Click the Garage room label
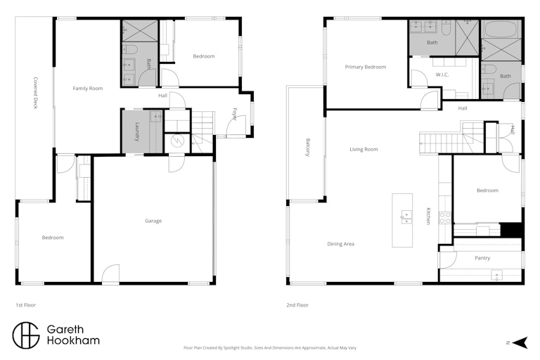153,221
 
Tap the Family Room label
88,89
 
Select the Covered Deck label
35,93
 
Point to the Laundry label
137,132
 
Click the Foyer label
235,115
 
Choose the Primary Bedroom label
366,67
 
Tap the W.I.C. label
442,75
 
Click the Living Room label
364,150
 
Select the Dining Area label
340,244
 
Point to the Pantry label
482,258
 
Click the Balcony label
308,148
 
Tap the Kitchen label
428,216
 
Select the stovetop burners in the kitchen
445,218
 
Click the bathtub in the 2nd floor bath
501,30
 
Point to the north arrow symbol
520,343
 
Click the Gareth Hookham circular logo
26,335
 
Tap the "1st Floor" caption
26,305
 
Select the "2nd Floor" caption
297,305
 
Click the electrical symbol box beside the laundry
177,142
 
